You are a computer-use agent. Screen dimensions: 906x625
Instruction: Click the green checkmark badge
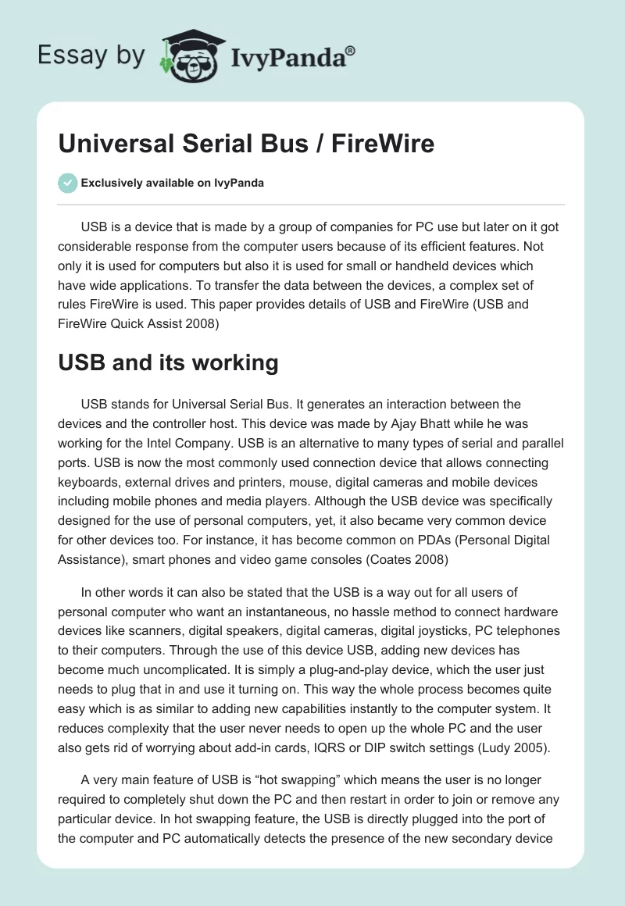pyautogui.click(x=67, y=183)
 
